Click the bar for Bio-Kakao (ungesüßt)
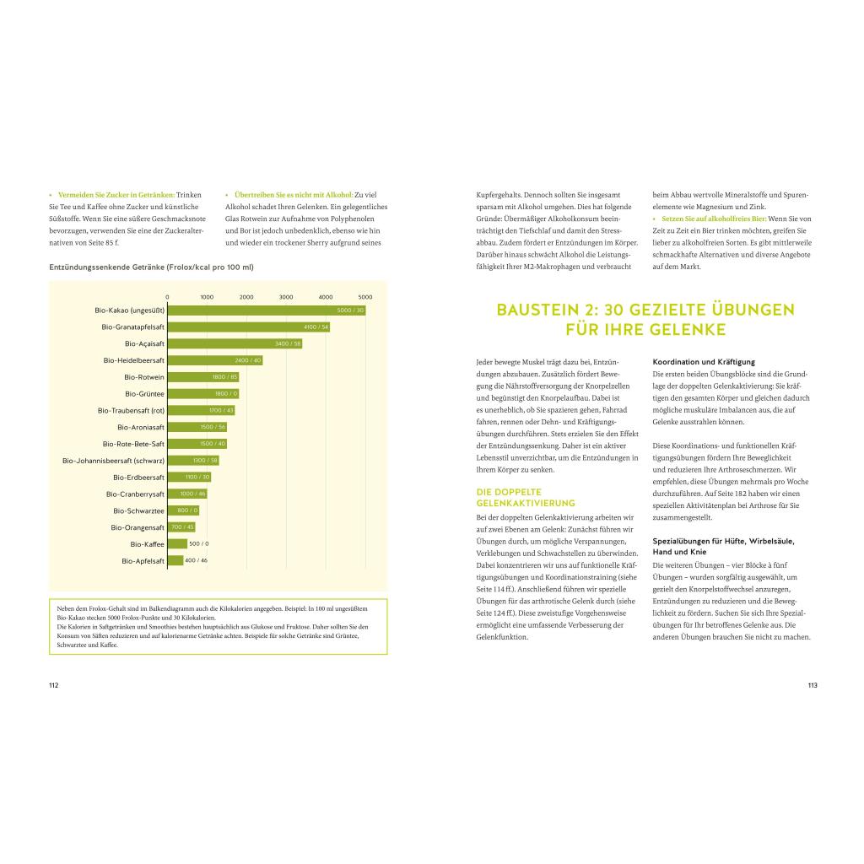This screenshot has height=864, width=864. (266, 310)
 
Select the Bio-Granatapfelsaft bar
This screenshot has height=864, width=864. (248, 327)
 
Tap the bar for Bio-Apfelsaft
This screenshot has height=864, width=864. (175, 560)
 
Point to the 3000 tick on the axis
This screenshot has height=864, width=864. (286, 297)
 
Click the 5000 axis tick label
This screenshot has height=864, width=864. (365, 297)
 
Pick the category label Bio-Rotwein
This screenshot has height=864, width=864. (144, 377)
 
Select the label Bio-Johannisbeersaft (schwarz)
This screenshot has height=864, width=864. (114, 460)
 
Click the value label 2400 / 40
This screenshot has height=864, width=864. (248, 360)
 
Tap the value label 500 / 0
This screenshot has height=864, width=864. (199, 543)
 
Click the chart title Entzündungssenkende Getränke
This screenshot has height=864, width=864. (151, 267)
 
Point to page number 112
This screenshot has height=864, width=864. (53, 685)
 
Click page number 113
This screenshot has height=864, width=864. (813, 685)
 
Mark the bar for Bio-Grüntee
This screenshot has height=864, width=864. (202, 393)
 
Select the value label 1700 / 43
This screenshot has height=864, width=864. (221, 410)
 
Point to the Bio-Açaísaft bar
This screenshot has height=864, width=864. (235, 343)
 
